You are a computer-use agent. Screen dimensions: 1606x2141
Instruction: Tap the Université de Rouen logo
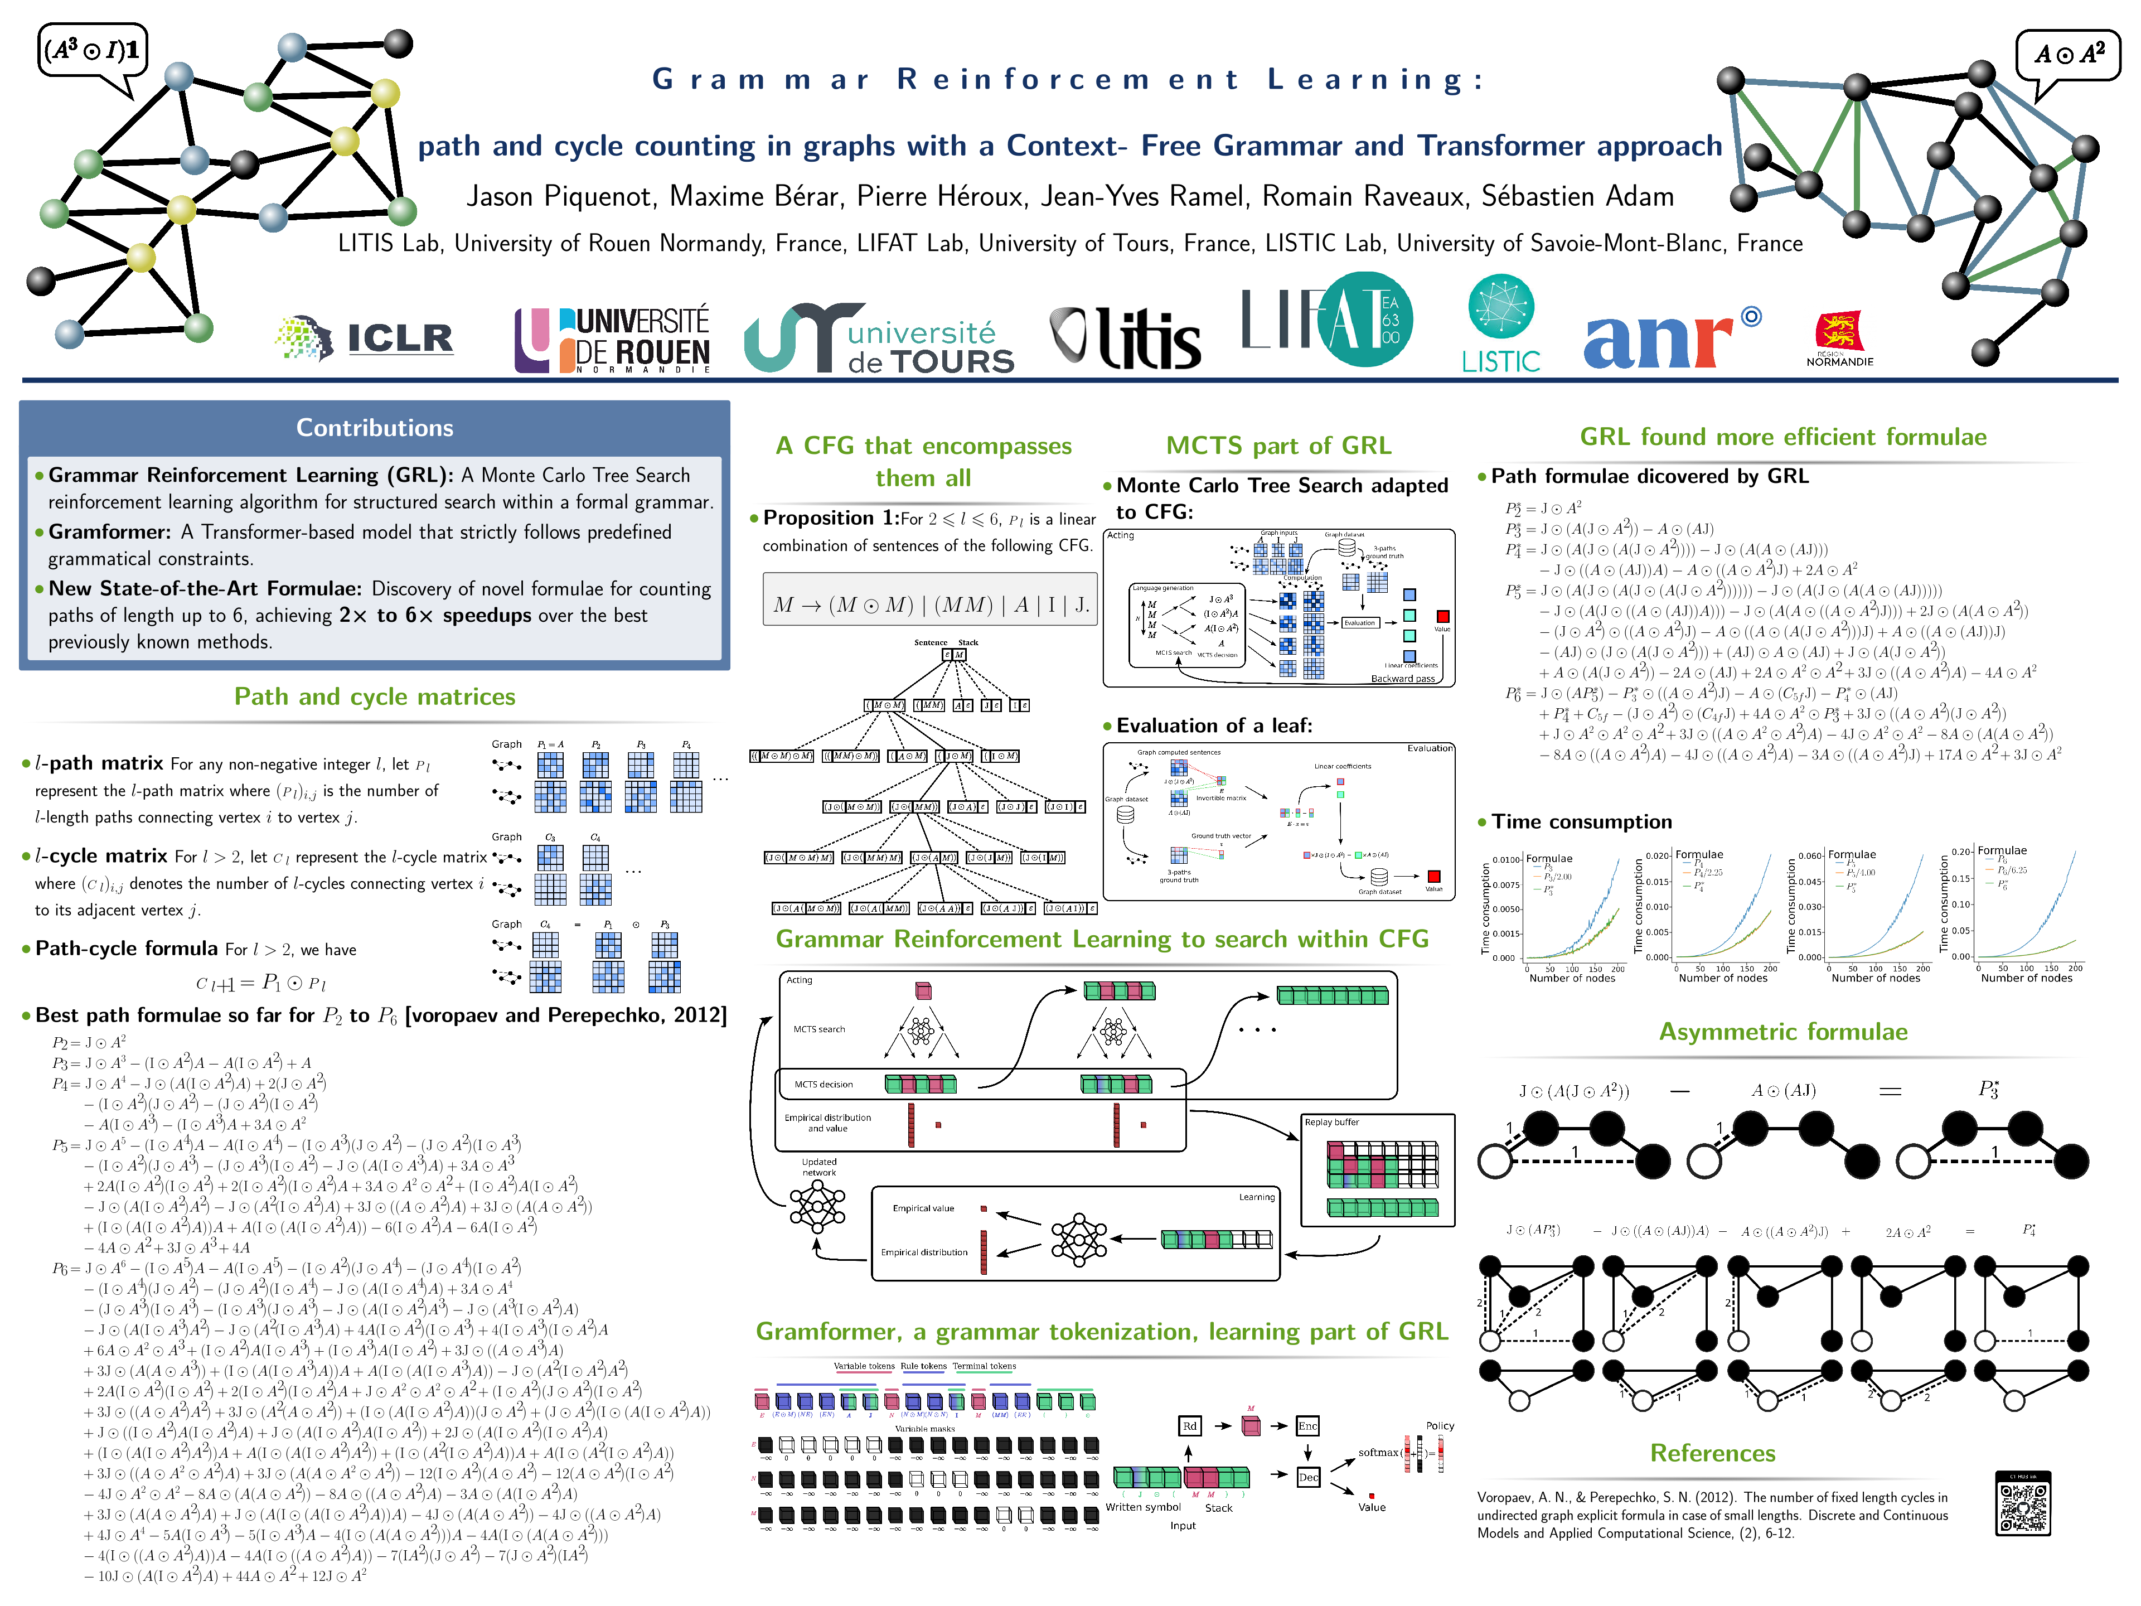[x=613, y=340]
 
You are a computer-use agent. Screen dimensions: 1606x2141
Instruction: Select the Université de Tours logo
[x=879, y=340]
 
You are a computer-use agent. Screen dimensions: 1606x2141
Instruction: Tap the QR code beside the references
[x=2023, y=1503]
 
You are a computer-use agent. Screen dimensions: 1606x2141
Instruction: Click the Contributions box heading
[x=375, y=428]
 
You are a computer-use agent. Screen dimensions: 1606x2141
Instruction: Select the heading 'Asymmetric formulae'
[x=1783, y=1032]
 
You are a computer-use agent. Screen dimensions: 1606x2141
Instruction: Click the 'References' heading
[x=1712, y=1453]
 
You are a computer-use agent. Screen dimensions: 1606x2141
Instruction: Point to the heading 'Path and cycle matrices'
[x=375, y=697]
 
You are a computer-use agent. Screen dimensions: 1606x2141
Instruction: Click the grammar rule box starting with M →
[x=930, y=605]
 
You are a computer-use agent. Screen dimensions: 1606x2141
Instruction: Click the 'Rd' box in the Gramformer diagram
[x=1190, y=1426]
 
